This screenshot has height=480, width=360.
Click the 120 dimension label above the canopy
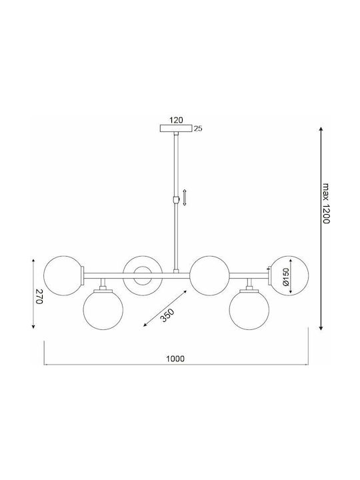point(176,120)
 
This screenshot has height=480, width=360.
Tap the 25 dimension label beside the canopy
point(199,129)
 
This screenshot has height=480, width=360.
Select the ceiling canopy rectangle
point(176,128)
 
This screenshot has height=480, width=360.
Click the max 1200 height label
point(327,203)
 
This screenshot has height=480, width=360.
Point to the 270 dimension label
point(39,296)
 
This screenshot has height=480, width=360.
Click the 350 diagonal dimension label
point(167,315)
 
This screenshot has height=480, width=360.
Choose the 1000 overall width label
point(175,359)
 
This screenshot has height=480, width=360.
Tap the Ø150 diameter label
point(285,277)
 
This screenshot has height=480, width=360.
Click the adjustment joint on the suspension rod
point(176,200)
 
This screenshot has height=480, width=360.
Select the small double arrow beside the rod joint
point(184,197)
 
